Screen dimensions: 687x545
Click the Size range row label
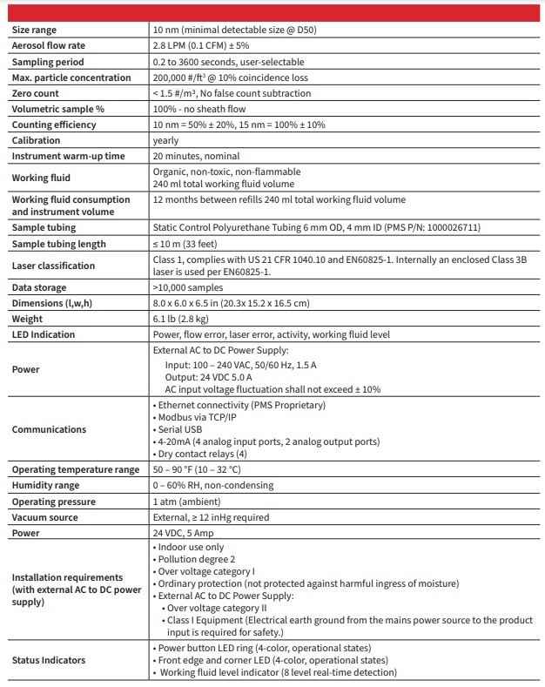point(34,30)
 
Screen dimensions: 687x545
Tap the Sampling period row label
point(48,62)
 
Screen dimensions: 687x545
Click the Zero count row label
point(36,93)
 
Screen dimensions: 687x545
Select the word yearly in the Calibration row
point(165,140)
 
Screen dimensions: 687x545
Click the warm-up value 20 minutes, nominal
point(195,156)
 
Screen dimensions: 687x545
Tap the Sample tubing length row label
point(58,244)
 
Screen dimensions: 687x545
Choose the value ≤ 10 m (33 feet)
point(185,244)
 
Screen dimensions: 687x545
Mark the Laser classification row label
point(53,266)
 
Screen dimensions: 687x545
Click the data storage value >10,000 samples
point(188,287)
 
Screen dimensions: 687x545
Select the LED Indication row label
point(44,334)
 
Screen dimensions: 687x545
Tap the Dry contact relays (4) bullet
point(203,454)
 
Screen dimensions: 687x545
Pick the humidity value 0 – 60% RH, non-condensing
point(212,485)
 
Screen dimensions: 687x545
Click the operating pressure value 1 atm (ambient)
point(185,502)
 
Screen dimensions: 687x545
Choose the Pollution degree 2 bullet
point(197,559)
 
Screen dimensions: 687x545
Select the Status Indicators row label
point(49,660)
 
